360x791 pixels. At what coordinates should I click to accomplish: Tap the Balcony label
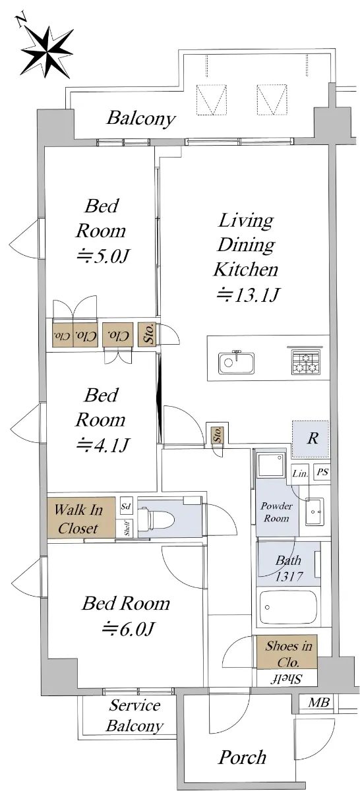point(141,118)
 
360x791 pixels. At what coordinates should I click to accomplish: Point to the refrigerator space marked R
point(311,438)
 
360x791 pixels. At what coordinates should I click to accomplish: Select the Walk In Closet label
point(78,518)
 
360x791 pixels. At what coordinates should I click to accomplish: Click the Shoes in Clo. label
point(288,653)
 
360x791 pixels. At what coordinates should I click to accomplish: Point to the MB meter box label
point(318,703)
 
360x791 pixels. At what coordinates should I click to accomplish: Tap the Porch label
point(243,757)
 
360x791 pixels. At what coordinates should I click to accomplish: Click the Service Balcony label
point(135,715)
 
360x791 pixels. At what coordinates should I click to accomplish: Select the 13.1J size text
point(249,295)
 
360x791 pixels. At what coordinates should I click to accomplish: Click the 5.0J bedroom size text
point(102,256)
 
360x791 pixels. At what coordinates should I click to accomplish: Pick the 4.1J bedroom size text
point(103,445)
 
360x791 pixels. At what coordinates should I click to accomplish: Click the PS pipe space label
point(322,472)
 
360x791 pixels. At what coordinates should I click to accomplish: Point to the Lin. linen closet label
point(300,473)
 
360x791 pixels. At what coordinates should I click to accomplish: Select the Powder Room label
point(276,512)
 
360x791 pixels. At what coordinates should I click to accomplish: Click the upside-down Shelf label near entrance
point(287,679)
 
